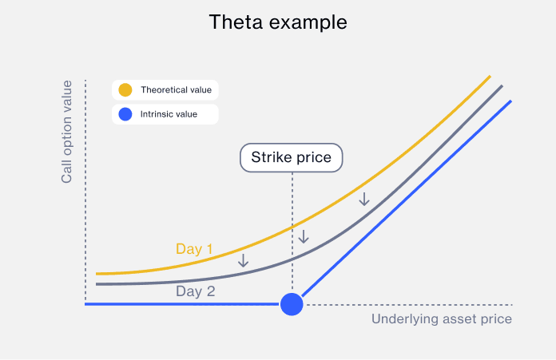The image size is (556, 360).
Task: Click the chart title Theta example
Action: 278,22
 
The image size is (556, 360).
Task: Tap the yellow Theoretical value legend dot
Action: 125,90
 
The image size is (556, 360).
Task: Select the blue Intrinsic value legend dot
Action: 125,114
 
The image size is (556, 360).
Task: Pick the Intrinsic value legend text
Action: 169,114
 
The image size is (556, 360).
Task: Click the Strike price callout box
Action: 292,157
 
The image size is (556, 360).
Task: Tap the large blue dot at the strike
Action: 292,304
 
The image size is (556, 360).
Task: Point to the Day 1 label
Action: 194,249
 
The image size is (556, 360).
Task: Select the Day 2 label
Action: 196,291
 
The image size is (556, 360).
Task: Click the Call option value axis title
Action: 67,132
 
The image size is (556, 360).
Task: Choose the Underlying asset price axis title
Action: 441,319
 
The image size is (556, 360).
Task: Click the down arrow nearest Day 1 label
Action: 243,259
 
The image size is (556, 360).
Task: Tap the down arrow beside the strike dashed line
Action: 303,236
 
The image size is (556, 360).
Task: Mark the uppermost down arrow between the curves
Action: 364,198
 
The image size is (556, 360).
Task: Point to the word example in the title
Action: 308,22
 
